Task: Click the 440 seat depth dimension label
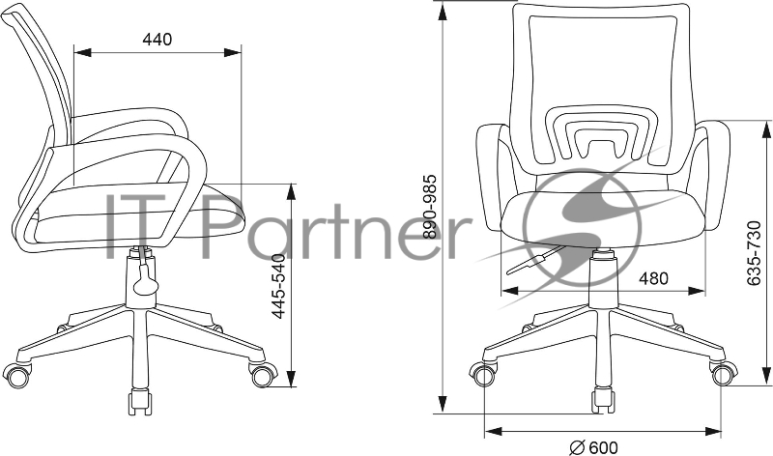[x=157, y=39]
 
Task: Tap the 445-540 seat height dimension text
[x=279, y=286]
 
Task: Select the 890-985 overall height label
[x=429, y=207]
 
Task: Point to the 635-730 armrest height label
[x=754, y=253]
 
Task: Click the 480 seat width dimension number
[x=653, y=278]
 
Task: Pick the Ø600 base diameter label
[x=593, y=447]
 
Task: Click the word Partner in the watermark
[x=334, y=227]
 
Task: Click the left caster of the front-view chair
[x=484, y=374]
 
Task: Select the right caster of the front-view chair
[x=724, y=374]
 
